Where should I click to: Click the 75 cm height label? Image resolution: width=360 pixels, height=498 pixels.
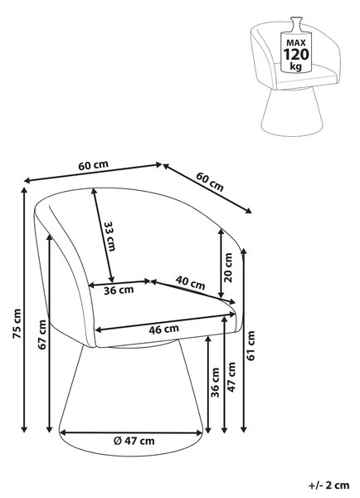pos(17,324)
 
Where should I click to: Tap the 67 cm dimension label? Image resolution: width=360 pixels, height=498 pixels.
pos(42,334)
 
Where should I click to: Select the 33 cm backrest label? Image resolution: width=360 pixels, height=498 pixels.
pos(109,236)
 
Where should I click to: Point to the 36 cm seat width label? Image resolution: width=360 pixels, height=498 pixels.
pos(119,290)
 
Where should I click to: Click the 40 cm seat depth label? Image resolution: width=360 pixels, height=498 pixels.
pos(191,282)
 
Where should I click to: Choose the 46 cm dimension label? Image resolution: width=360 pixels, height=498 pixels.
pos(163,329)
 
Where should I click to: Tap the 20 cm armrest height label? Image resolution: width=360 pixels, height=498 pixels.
pos(228,267)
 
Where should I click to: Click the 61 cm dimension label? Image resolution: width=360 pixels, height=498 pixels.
pos(251,345)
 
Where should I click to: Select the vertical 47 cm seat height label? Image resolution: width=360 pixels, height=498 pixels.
pos(231,377)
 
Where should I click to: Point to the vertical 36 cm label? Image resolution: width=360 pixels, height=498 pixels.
pos(215,383)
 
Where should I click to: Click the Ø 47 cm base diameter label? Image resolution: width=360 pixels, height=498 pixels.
pos(134,441)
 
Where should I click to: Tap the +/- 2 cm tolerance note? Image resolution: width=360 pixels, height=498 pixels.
pos(328,486)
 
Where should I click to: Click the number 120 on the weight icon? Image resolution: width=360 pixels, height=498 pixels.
pos(296,54)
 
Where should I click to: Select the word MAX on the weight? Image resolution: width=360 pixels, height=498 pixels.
pos(296,42)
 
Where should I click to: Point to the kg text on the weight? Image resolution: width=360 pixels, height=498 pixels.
pos(296,66)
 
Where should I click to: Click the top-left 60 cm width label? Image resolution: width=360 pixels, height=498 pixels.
pos(94,165)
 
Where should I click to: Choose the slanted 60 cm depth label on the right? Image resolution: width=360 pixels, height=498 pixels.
pos(210,182)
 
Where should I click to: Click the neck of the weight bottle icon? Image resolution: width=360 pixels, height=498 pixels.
pos(296,23)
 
